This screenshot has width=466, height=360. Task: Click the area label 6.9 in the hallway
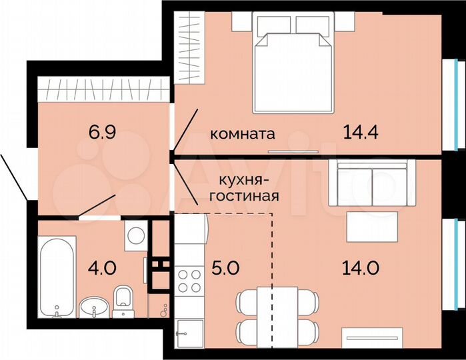(103, 131)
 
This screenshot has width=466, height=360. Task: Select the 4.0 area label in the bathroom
(103, 269)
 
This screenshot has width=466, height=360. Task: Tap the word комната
(242, 133)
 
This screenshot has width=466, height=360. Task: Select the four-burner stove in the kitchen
(188, 279)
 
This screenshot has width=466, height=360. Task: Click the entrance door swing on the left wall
(13, 177)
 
